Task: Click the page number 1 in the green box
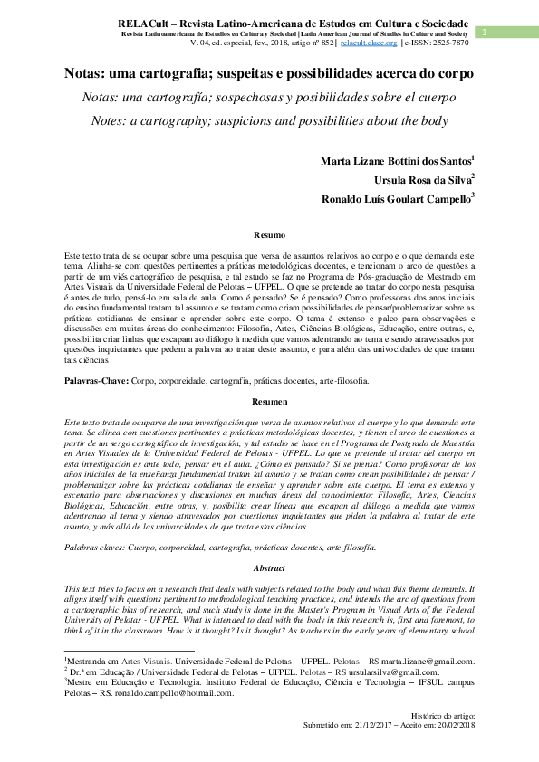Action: [x=486, y=33]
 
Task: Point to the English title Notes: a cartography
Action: [x=269, y=120]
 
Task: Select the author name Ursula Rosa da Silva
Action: [x=423, y=180]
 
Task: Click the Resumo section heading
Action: [x=268, y=235]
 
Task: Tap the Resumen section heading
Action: [x=268, y=401]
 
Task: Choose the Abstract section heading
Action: [x=268, y=569]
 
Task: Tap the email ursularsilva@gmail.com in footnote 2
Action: [x=359, y=672]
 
